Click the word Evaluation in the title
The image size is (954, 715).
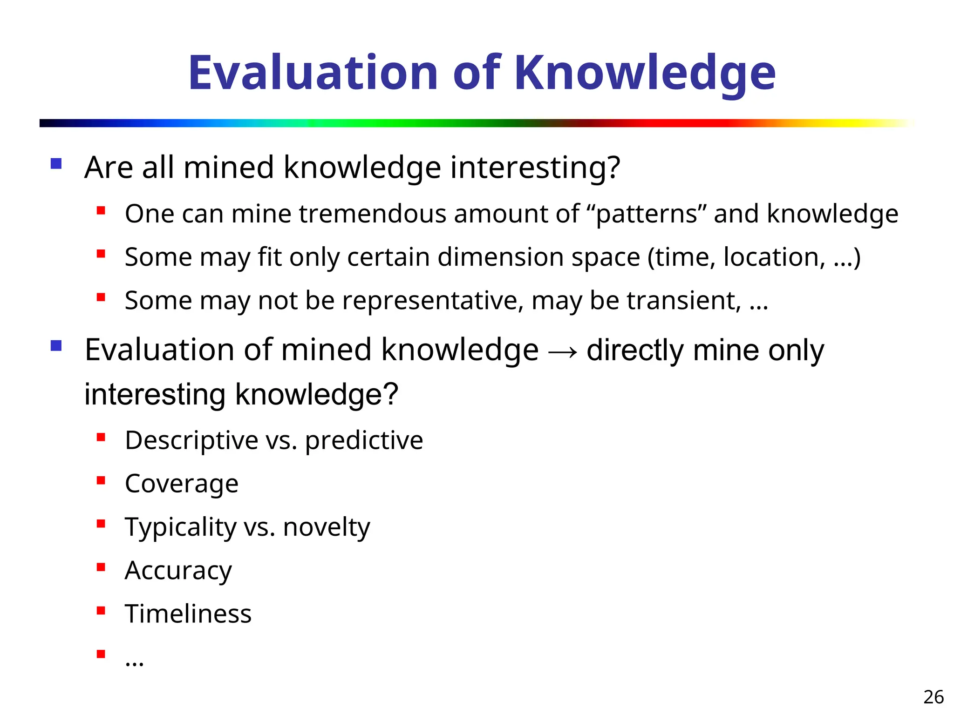(x=313, y=73)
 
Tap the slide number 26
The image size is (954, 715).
(x=933, y=697)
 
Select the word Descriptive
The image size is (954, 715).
(x=191, y=440)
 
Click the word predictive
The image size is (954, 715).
(x=364, y=440)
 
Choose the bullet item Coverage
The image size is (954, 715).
(x=182, y=484)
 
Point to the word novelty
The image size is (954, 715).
(x=327, y=527)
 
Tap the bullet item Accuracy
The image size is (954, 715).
(x=178, y=571)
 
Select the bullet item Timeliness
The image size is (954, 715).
(x=188, y=614)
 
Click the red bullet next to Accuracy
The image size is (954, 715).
(x=101, y=567)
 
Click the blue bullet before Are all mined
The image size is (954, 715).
(x=56, y=164)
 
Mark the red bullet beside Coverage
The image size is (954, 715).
(x=101, y=480)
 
